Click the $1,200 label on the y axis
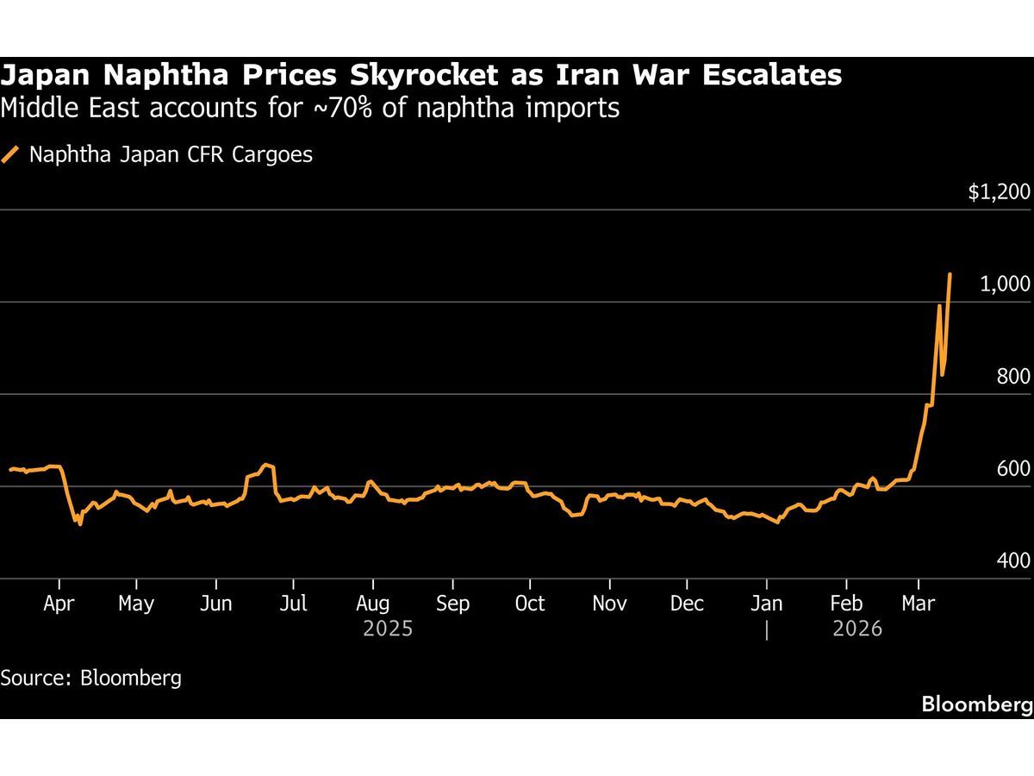coord(999,192)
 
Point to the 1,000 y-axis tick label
coord(1005,285)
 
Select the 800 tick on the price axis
coord(1013,377)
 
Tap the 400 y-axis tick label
coord(1013,560)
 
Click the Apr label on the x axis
coord(58,603)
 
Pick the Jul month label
coord(293,603)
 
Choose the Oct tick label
coord(529,603)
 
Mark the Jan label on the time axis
coord(766,603)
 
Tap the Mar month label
coord(918,603)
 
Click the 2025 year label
coord(388,629)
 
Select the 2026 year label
coord(857,629)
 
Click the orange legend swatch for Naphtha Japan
coord(10,155)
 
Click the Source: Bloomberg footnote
coord(90,677)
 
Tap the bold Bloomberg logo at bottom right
coord(976,704)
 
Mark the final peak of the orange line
coord(950,275)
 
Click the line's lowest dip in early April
coord(80,523)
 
